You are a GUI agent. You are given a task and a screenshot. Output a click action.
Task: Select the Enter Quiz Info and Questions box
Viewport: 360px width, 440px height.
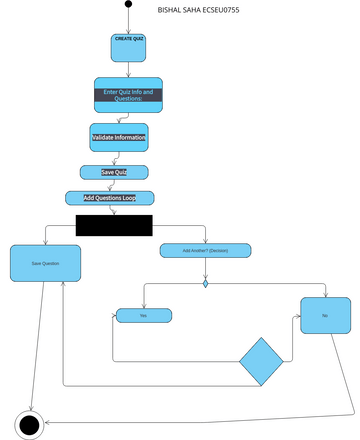tap(128, 96)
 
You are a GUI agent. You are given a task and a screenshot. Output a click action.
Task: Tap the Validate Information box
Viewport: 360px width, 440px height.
tap(118, 137)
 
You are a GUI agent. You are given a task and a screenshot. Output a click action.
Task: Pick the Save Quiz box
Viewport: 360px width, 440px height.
tap(114, 172)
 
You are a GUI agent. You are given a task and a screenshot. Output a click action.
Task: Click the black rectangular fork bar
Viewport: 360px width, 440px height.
tap(114, 225)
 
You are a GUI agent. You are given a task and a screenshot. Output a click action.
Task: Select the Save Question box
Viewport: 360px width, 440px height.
tap(46, 262)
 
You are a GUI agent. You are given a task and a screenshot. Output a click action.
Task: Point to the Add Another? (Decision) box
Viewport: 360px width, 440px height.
tap(205, 251)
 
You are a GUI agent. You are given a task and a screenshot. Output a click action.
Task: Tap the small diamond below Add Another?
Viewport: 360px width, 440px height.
tap(205, 284)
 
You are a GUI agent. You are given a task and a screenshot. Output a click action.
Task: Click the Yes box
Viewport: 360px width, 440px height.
tap(143, 315)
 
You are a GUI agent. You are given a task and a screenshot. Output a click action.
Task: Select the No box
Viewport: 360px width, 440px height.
tap(326, 315)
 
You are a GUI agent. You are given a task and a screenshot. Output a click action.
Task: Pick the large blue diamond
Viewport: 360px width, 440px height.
tap(262, 362)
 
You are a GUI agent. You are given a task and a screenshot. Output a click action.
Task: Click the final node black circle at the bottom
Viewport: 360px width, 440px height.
tap(29, 424)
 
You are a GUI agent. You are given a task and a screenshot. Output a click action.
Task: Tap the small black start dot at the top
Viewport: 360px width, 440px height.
tap(128, 4)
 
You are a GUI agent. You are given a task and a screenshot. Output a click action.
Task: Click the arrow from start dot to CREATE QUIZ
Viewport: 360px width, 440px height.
tap(128, 20)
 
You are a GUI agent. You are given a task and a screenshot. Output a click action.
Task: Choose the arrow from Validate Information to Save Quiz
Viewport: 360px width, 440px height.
tap(116, 158)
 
